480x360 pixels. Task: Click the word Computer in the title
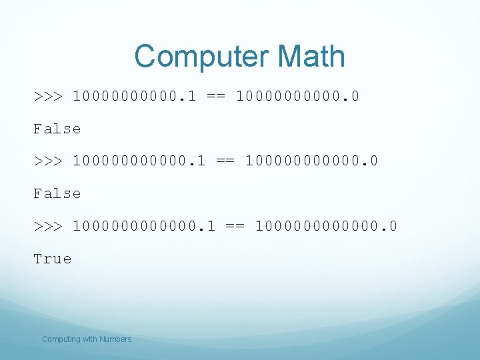point(199,57)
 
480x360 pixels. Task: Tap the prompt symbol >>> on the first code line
point(48,96)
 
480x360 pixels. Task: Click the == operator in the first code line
point(216,96)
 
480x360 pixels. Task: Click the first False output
point(57,129)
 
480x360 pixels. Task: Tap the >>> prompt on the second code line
point(48,161)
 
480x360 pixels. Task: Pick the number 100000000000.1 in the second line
point(139,161)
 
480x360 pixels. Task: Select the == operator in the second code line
point(225,161)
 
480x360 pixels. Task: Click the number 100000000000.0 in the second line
point(312,161)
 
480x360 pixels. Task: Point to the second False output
point(57,193)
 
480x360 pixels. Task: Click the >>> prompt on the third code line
point(48,226)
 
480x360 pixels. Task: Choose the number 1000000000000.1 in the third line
point(144,226)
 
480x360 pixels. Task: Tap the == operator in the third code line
point(235,226)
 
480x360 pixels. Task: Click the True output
point(53,259)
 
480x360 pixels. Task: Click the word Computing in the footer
point(61,339)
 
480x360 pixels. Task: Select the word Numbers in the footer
point(115,339)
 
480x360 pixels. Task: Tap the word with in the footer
point(89,339)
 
